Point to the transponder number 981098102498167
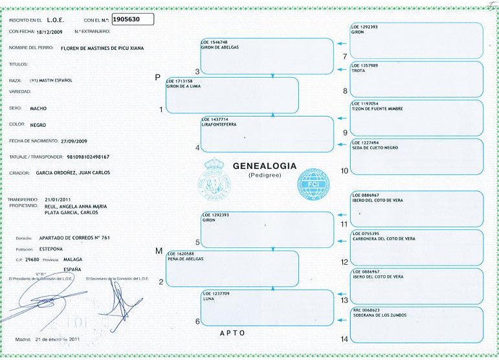point(83,157)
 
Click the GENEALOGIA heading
point(264,166)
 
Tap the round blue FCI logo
point(313,183)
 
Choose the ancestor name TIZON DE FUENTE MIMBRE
point(377,109)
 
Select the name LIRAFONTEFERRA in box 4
point(220,125)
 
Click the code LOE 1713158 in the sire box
point(179,81)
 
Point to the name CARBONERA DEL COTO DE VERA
point(383,238)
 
